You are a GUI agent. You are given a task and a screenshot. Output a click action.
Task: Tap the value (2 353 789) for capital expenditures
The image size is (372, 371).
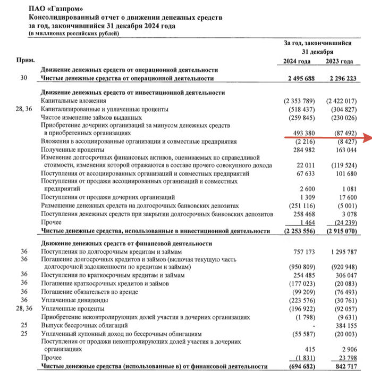click(x=297, y=101)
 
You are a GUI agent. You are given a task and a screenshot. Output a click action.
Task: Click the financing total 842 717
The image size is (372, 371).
click(x=343, y=366)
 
